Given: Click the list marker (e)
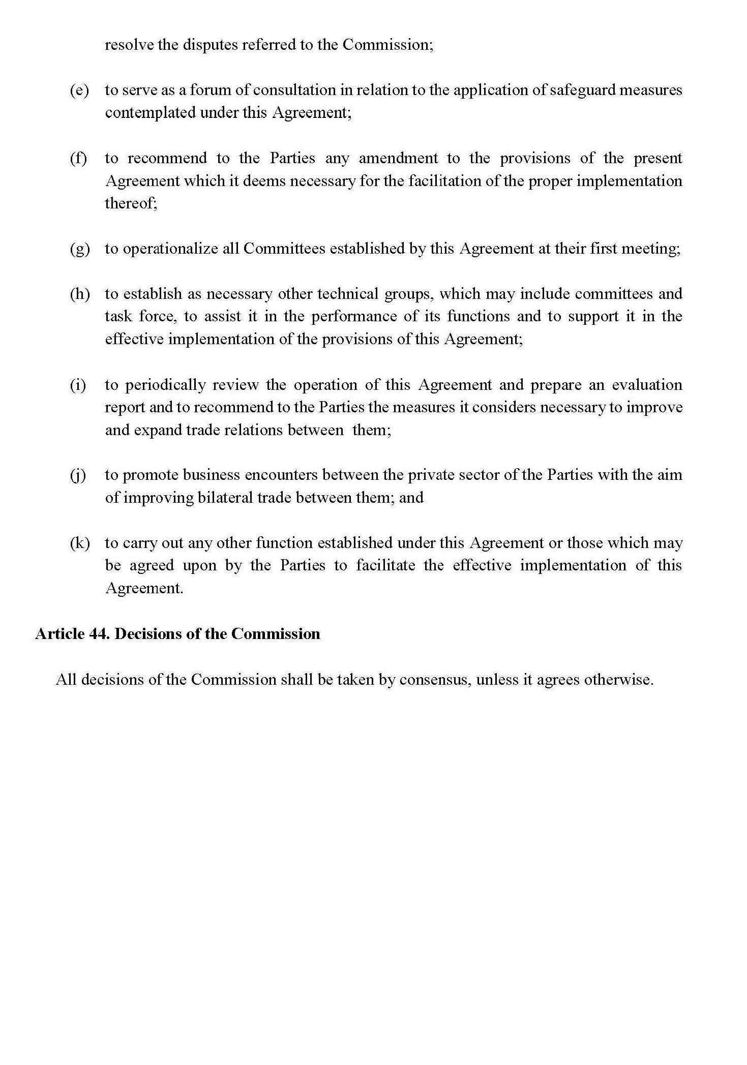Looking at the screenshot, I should click(x=79, y=90).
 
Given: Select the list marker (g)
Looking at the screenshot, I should click(x=79, y=249).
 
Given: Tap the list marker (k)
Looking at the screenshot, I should click(x=79, y=543).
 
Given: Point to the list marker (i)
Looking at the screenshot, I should click(x=78, y=385).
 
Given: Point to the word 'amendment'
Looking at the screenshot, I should click(x=398, y=158).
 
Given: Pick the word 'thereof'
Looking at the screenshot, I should click(x=130, y=203).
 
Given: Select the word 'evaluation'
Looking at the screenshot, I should click(x=647, y=385).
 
